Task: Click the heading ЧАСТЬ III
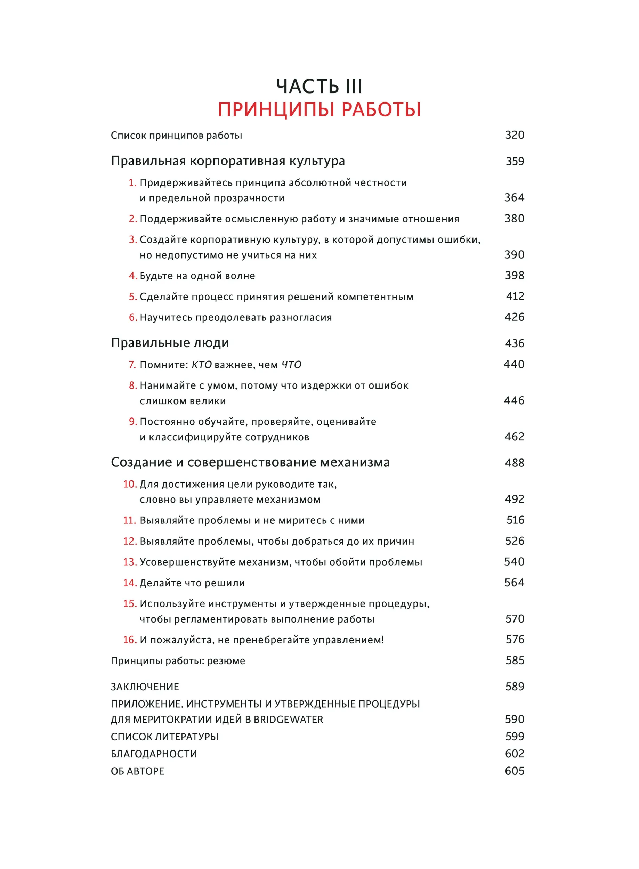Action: click(319, 86)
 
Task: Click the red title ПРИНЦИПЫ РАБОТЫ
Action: click(319, 110)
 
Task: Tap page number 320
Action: click(515, 135)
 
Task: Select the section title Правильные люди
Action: click(170, 343)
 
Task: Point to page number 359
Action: click(515, 161)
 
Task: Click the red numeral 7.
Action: click(132, 365)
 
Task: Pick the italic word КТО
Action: click(202, 365)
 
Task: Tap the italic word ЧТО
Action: click(291, 365)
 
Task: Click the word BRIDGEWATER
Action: click(288, 720)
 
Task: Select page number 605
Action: click(515, 771)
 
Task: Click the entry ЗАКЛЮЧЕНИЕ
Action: click(145, 687)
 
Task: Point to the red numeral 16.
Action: click(130, 640)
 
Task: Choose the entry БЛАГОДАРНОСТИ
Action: click(154, 754)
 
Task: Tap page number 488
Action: click(515, 463)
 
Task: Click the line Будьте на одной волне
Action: click(197, 276)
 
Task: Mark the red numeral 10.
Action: click(130, 484)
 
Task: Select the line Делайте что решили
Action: click(192, 583)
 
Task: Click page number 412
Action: click(515, 296)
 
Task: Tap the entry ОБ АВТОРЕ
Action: click(138, 771)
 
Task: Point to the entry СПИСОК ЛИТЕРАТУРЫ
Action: click(165, 737)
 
